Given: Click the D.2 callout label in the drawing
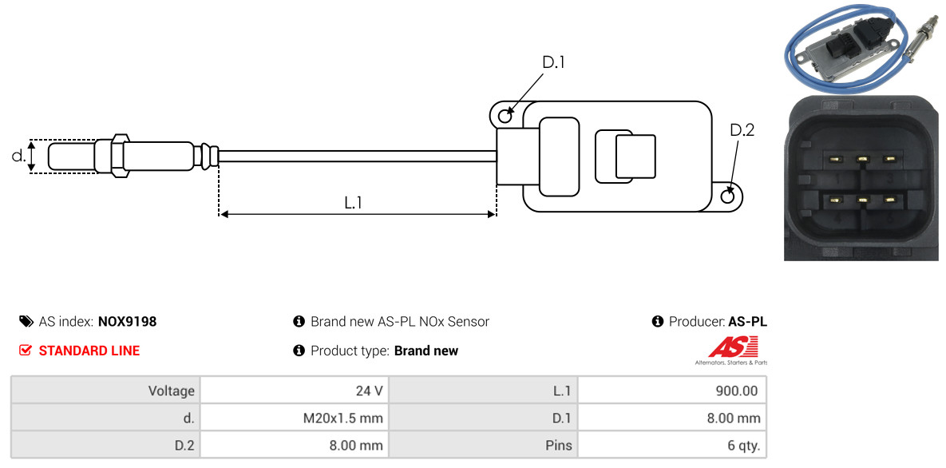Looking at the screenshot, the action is [742, 130].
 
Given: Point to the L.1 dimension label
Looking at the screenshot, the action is [353, 203].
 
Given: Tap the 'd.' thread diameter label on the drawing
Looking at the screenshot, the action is [18, 156].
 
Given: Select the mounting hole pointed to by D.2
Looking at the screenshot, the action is [728, 196].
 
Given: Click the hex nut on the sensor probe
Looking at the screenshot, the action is [119, 156].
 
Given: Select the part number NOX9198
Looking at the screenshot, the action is [127, 322].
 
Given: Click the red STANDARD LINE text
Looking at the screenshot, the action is [89, 351].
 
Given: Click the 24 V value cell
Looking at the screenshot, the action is [295, 391].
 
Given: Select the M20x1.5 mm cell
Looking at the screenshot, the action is [295, 418].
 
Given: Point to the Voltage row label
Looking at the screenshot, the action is [172, 391].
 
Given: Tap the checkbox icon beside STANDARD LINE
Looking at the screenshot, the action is [26, 351].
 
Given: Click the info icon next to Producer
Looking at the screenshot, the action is [658, 321].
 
